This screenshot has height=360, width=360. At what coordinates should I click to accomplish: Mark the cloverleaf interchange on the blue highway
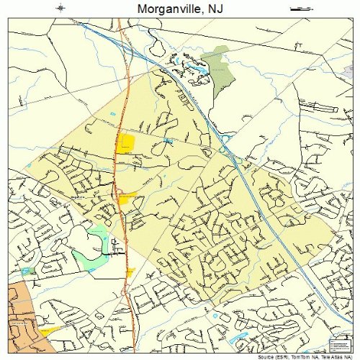point(225,150)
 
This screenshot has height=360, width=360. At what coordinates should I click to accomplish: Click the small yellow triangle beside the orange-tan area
point(50,330)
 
